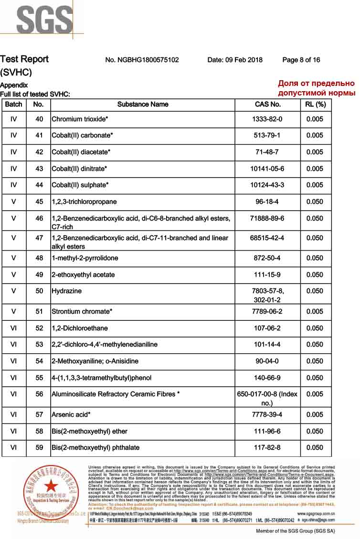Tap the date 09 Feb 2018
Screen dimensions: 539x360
[235, 60]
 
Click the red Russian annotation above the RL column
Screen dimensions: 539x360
[317, 88]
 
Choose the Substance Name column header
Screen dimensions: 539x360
[143, 104]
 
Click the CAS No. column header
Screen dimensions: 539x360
[268, 104]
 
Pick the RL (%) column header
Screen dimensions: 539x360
[315, 104]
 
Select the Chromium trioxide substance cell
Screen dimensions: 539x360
[80, 119]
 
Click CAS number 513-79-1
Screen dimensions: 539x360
[268, 135]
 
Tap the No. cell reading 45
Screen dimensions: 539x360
[39, 201]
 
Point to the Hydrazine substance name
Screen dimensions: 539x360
[66, 291]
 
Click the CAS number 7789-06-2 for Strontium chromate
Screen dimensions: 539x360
[268, 311]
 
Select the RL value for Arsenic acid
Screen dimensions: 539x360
[315, 414]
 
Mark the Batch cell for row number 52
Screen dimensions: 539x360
[13, 328]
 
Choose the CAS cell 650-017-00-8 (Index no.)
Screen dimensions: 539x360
[268, 398]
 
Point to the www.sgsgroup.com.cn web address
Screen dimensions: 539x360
[316, 513]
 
